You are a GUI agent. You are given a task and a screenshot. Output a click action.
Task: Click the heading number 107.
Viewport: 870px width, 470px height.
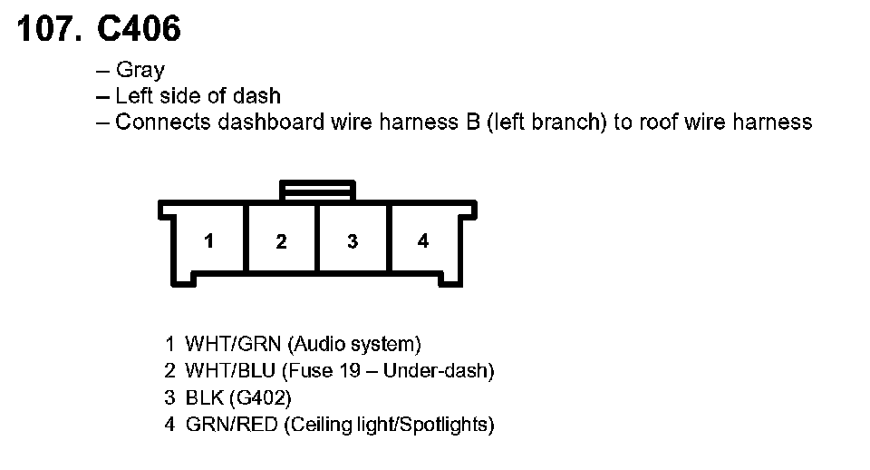click(x=47, y=29)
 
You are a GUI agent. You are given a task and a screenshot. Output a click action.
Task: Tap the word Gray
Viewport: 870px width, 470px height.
click(x=140, y=70)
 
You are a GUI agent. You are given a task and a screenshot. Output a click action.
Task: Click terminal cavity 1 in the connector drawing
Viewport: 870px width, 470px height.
click(x=209, y=241)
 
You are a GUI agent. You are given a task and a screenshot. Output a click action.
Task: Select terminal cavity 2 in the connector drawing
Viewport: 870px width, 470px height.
click(x=281, y=241)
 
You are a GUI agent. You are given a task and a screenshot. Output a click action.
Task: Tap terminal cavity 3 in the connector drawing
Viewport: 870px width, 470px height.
click(x=353, y=241)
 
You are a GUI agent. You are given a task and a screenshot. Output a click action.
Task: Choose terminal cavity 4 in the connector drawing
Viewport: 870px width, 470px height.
click(x=423, y=241)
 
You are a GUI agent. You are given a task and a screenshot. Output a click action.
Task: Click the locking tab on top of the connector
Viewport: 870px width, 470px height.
click(x=317, y=191)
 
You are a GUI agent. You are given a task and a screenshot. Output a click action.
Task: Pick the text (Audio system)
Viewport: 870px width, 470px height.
click(x=354, y=345)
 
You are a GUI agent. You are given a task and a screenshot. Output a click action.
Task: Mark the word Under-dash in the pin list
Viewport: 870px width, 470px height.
click(x=446, y=371)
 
